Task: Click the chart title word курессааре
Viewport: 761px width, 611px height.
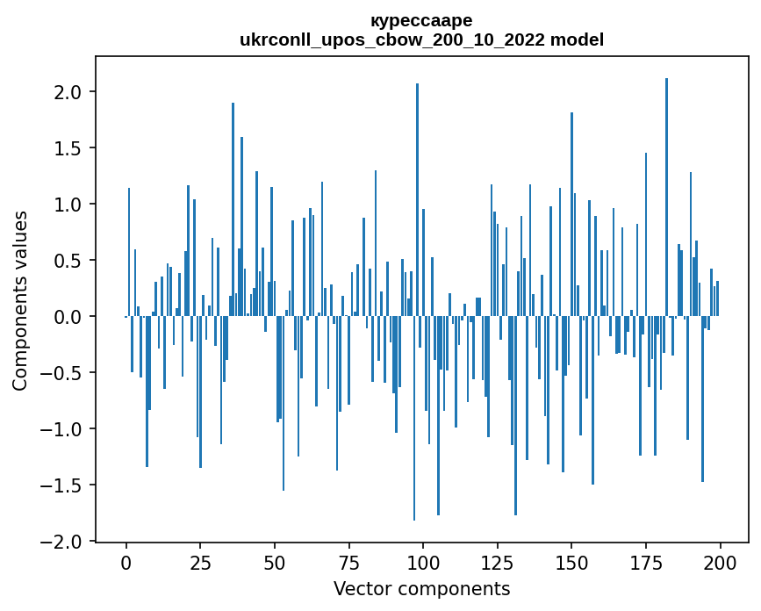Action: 421,20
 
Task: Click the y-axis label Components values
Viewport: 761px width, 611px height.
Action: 20,300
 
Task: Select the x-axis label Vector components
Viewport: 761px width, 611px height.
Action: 421,588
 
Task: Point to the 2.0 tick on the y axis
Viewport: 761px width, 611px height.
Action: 68,92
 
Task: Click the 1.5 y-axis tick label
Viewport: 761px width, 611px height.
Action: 68,148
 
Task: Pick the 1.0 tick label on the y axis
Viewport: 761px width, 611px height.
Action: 68,205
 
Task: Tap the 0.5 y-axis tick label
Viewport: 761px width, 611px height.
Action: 68,261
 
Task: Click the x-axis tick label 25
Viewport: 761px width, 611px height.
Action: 200,562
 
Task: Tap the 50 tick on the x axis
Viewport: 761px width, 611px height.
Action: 275,562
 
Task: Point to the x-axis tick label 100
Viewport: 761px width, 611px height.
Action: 423,562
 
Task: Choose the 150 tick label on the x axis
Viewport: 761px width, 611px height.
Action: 571,562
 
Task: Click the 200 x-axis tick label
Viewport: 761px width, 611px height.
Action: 720,562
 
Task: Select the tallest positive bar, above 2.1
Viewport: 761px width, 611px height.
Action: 666,198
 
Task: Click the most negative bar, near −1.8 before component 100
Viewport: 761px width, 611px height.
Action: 414,418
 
